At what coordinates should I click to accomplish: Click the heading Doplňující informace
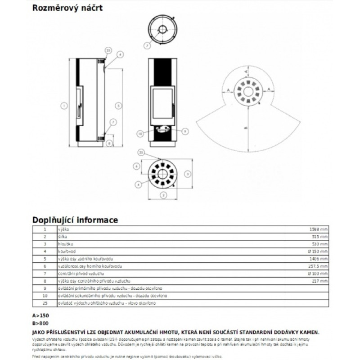75,220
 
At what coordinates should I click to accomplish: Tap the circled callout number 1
64,106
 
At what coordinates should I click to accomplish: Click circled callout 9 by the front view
184,131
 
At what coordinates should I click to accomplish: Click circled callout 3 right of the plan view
188,173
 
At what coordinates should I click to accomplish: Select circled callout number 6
138,166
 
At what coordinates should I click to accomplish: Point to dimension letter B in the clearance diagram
245,128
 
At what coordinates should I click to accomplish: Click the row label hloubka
65,243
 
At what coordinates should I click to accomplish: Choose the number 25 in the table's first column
45,303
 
